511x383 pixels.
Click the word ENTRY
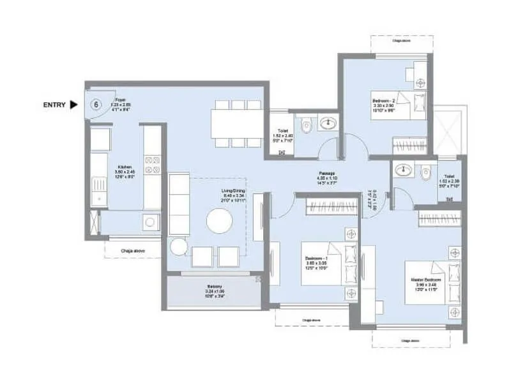(x=54, y=105)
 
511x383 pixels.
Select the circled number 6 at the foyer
(x=96, y=105)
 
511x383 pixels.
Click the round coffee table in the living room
(x=220, y=222)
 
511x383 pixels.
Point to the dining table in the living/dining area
(x=238, y=123)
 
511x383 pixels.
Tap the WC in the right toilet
(x=426, y=171)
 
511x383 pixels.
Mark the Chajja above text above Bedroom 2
(x=402, y=40)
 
